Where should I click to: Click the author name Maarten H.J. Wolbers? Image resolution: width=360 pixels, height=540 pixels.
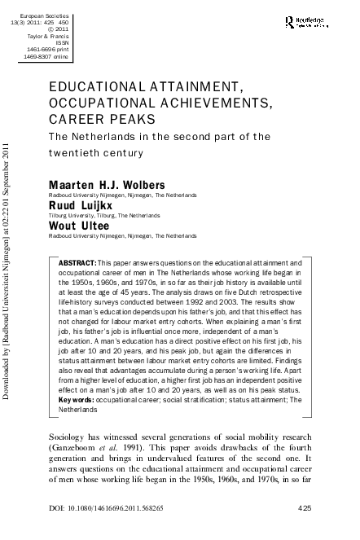coord(102,163)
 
